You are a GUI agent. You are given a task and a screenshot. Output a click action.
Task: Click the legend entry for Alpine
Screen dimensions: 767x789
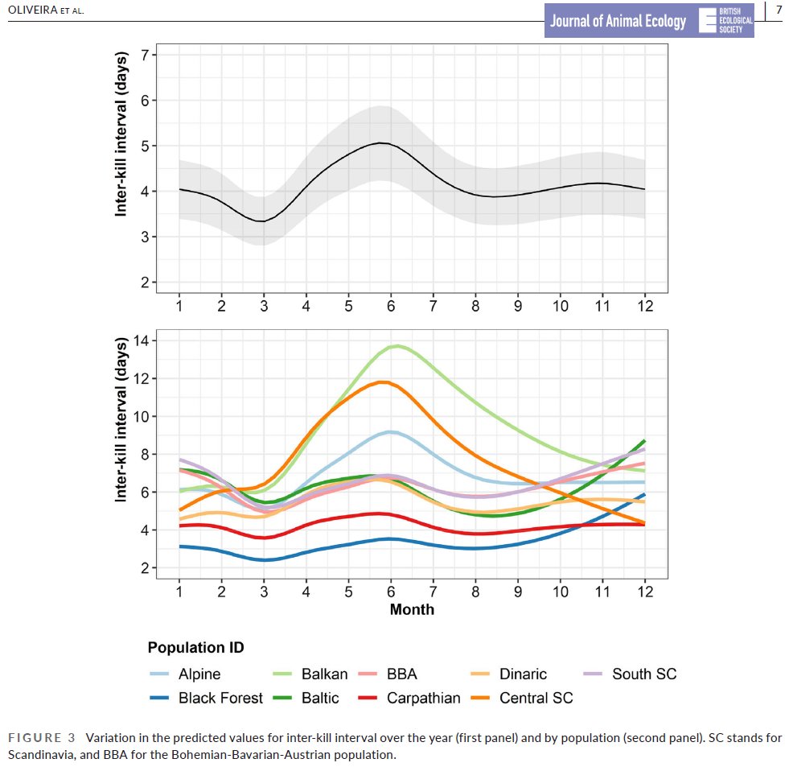click(x=199, y=674)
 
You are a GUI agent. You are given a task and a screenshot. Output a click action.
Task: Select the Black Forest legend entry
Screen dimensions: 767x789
click(x=220, y=698)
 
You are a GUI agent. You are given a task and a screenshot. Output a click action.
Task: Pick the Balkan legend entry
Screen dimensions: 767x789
click(x=324, y=674)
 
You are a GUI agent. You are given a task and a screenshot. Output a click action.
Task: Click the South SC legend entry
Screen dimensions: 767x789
click(x=643, y=674)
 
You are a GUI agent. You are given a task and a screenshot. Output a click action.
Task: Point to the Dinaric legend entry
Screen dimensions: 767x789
click(x=523, y=674)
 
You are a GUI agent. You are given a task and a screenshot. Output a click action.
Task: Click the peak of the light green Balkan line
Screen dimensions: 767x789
click(x=396, y=346)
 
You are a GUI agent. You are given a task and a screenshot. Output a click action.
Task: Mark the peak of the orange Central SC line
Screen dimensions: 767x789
click(x=384, y=382)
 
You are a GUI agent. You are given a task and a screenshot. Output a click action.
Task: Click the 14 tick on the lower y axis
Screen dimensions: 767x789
click(x=145, y=340)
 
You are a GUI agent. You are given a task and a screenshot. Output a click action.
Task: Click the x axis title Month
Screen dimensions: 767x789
click(x=412, y=609)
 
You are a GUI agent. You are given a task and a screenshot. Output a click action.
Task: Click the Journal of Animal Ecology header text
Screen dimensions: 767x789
click(x=618, y=22)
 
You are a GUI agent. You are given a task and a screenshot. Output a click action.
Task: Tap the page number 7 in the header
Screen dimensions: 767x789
click(x=779, y=10)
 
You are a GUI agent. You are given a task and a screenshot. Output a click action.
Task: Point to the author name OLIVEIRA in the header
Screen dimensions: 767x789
click(x=33, y=10)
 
